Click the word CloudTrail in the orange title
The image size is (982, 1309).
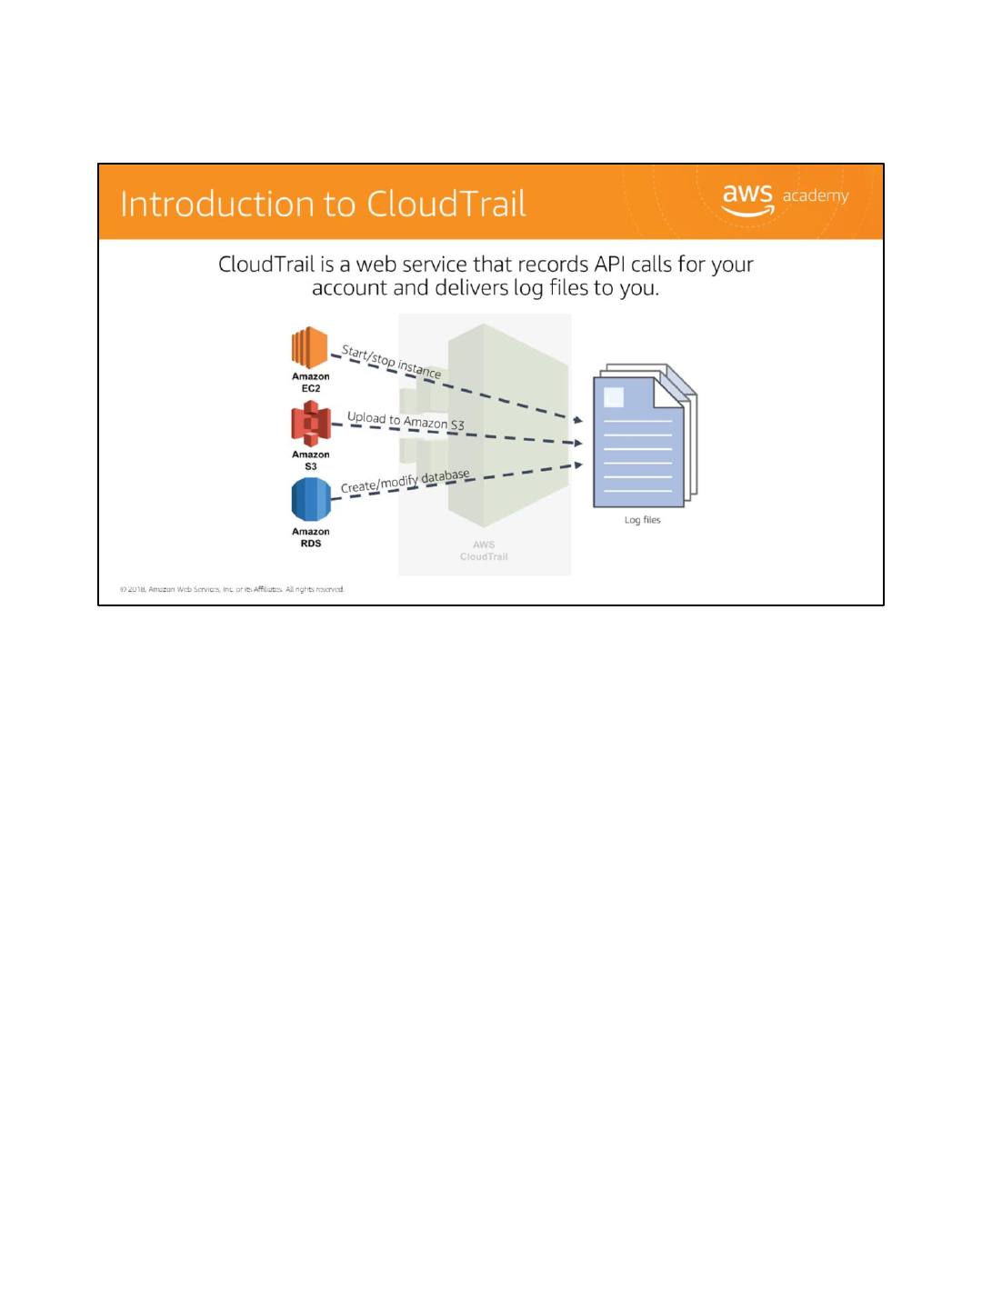[446, 205]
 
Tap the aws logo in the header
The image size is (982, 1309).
[747, 199]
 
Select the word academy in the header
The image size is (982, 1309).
[816, 195]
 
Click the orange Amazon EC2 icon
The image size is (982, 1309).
[309, 347]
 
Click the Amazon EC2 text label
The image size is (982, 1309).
[311, 383]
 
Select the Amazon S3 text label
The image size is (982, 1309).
[311, 461]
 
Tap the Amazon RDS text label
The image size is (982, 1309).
[311, 538]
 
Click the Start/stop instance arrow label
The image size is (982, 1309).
[391, 362]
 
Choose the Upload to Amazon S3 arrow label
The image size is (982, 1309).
[406, 421]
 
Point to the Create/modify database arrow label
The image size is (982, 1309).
[406, 481]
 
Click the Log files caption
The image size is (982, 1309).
[643, 520]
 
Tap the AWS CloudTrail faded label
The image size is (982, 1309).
[484, 551]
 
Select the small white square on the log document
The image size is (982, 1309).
[614, 397]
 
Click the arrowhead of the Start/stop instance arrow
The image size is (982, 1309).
[577, 420]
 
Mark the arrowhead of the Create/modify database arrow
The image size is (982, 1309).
[577, 465]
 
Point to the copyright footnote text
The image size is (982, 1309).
[232, 589]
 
